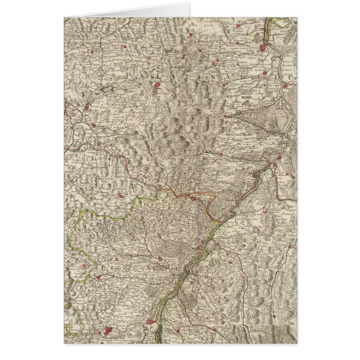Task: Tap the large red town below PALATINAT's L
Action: (158, 87)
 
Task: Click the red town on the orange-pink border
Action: (193, 197)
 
